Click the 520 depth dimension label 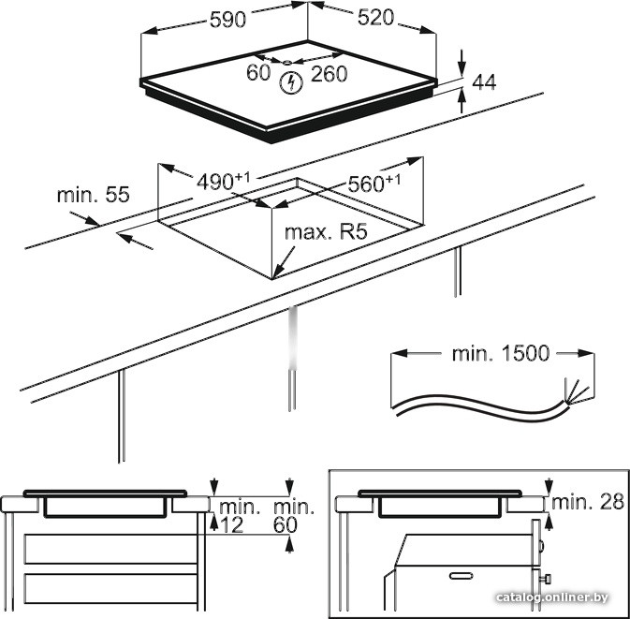(x=375, y=19)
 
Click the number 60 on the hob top (x=258, y=73)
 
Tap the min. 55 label (x=93, y=195)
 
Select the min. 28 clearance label (x=587, y=502)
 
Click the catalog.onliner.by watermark (x=566, y=597)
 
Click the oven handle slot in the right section (x=463, y=573)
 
